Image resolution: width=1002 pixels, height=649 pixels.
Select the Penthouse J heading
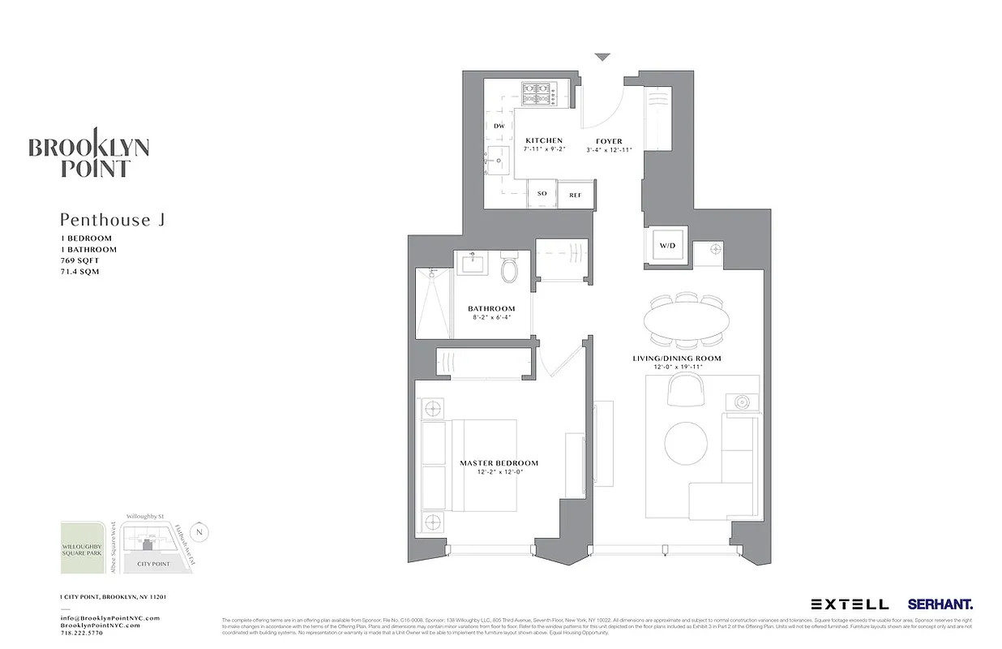coord(112,220)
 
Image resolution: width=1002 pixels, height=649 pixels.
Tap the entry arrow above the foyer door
coord(602,58)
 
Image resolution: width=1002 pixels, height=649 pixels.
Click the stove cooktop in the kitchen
coord(536,93)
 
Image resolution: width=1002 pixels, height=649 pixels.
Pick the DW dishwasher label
coord(499,126)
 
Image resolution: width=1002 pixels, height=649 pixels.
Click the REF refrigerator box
coord(576,195)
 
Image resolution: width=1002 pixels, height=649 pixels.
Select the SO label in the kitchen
coord(542,195)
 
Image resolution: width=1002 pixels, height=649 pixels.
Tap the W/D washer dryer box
coord(667,244)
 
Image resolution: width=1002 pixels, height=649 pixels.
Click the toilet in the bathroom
coord(510,269)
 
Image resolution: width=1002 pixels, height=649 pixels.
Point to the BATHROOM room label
coord(491,309)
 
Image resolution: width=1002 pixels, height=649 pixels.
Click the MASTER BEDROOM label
coord(499,463)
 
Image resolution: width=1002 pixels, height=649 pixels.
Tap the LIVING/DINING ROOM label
coord(676,358)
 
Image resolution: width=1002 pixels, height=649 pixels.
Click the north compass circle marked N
coord(201,532)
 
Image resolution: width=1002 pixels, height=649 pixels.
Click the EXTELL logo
coord(850,604)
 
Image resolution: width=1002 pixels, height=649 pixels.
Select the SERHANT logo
coord(940,604)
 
